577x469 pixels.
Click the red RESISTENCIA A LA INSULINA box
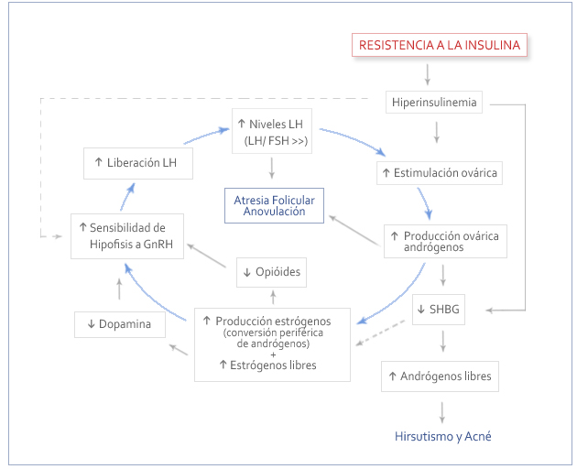click(441, 44)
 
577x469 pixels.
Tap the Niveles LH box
click(272, 133)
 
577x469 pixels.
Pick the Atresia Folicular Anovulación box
click(276, 205)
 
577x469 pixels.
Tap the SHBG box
click(439, 310)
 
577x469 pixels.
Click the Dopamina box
click(119, 324)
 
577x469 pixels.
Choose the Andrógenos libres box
click(439, 376)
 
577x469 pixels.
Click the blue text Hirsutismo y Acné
click(442, 436)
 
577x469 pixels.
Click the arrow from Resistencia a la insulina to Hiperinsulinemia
click(428, 74)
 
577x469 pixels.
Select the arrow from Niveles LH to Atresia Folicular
click(272, 167)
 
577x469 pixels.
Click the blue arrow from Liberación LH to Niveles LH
click(206, 136)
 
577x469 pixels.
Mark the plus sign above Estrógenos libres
click(273, 354)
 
